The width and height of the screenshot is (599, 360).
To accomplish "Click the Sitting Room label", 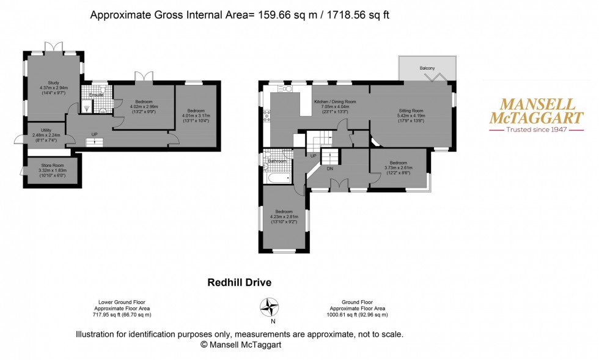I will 410,110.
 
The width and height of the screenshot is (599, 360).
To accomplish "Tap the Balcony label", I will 427,68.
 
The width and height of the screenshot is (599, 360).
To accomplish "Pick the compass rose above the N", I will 270,306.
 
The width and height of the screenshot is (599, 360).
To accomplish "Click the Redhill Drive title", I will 239,282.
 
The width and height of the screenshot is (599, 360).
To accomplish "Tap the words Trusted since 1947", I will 529,129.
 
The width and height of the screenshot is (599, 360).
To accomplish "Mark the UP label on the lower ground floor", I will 94,134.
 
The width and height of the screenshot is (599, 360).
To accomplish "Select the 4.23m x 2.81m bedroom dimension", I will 284,216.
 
